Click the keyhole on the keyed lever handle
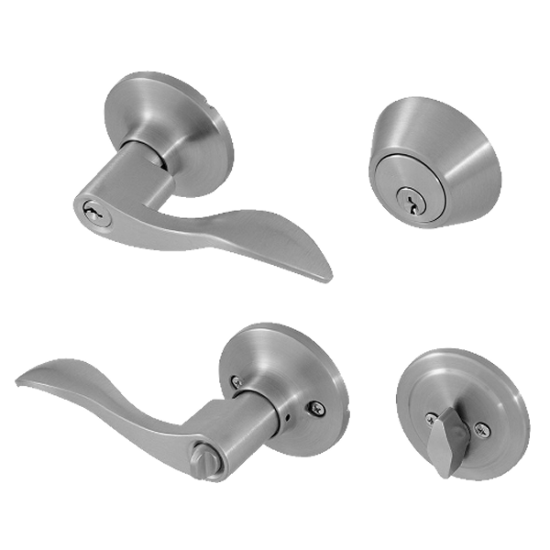pos(93,211)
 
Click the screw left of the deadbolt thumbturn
pos(431,419)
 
